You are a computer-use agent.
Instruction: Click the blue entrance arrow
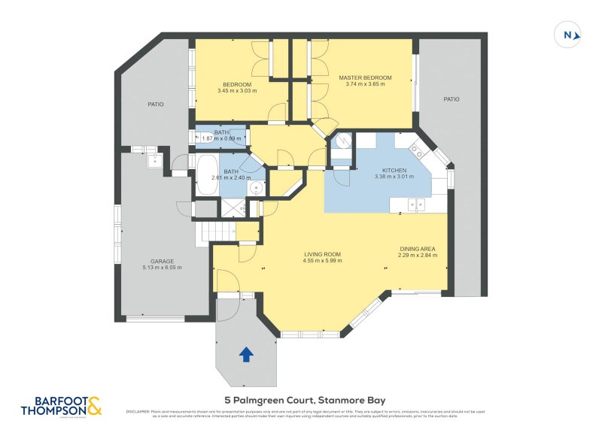click(245, 354)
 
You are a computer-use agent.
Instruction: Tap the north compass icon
click(568, 35)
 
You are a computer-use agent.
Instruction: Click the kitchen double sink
click(415, 204)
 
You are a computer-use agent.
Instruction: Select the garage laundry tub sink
click(154, 159)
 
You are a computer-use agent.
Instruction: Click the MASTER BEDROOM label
click(365, 77)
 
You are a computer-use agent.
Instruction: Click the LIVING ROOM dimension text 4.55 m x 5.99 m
click(323, 261)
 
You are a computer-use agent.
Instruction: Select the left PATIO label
click(156, 104)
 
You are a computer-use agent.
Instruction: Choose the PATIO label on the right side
click(451, 99)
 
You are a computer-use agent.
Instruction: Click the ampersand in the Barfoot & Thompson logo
click(94, 407)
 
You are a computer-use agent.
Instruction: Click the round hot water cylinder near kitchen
click(342, 141)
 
